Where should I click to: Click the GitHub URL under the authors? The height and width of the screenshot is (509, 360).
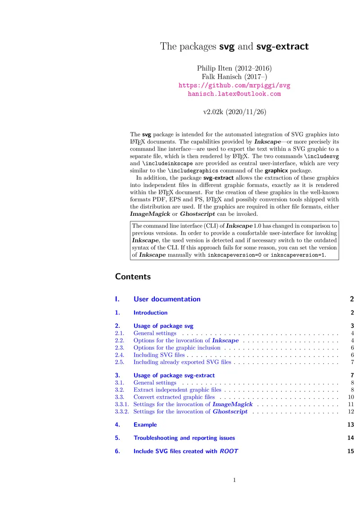(x=234, y=85)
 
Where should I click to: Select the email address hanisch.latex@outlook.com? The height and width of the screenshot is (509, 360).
(x=234, y=94)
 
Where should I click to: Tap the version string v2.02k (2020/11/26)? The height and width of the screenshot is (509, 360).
(x=234, y=112)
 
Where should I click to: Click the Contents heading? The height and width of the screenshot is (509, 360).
(x=133, y=277)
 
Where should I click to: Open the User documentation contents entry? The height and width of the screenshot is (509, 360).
(x=167, y=299)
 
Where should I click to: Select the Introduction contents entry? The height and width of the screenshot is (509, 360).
(x=150, y=313)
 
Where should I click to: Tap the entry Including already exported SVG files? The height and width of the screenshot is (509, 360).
(x=182, y=362)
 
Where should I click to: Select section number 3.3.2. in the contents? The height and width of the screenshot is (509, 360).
(x=122, y=411)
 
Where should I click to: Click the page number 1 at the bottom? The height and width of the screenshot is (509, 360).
(x=234, y=480)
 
